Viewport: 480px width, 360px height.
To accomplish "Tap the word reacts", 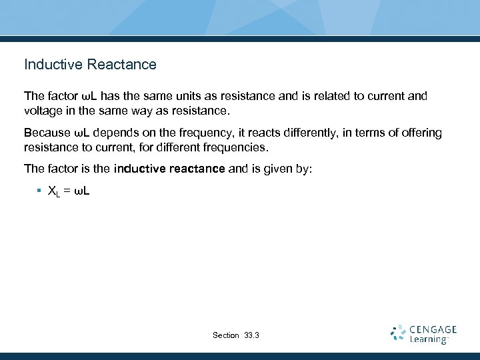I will (273, 133).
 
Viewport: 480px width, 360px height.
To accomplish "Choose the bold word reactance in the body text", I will (194, 169).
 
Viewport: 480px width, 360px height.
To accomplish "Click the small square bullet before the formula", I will (39, 191).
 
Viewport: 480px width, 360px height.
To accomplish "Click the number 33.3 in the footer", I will (252, 335).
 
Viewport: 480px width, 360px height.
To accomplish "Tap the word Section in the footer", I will (225, 335).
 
